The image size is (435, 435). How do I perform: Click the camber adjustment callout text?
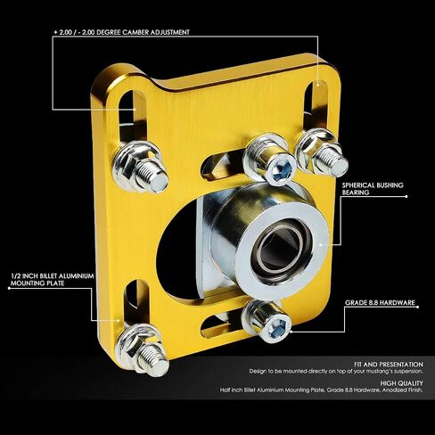(121, 32)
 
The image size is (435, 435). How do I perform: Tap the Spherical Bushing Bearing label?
(373, 189)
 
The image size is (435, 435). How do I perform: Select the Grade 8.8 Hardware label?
(380, 302)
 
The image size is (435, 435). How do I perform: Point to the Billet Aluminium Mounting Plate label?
(53, 280)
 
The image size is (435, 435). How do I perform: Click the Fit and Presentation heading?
(389, 365)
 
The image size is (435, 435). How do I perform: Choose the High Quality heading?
(401, 383)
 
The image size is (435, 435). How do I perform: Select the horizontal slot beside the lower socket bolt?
(221, 326)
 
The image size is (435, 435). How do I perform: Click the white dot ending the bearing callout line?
(406, 196)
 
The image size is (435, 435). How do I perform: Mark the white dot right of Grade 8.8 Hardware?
(418, 307)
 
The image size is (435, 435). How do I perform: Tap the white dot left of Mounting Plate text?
(9, 288)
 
